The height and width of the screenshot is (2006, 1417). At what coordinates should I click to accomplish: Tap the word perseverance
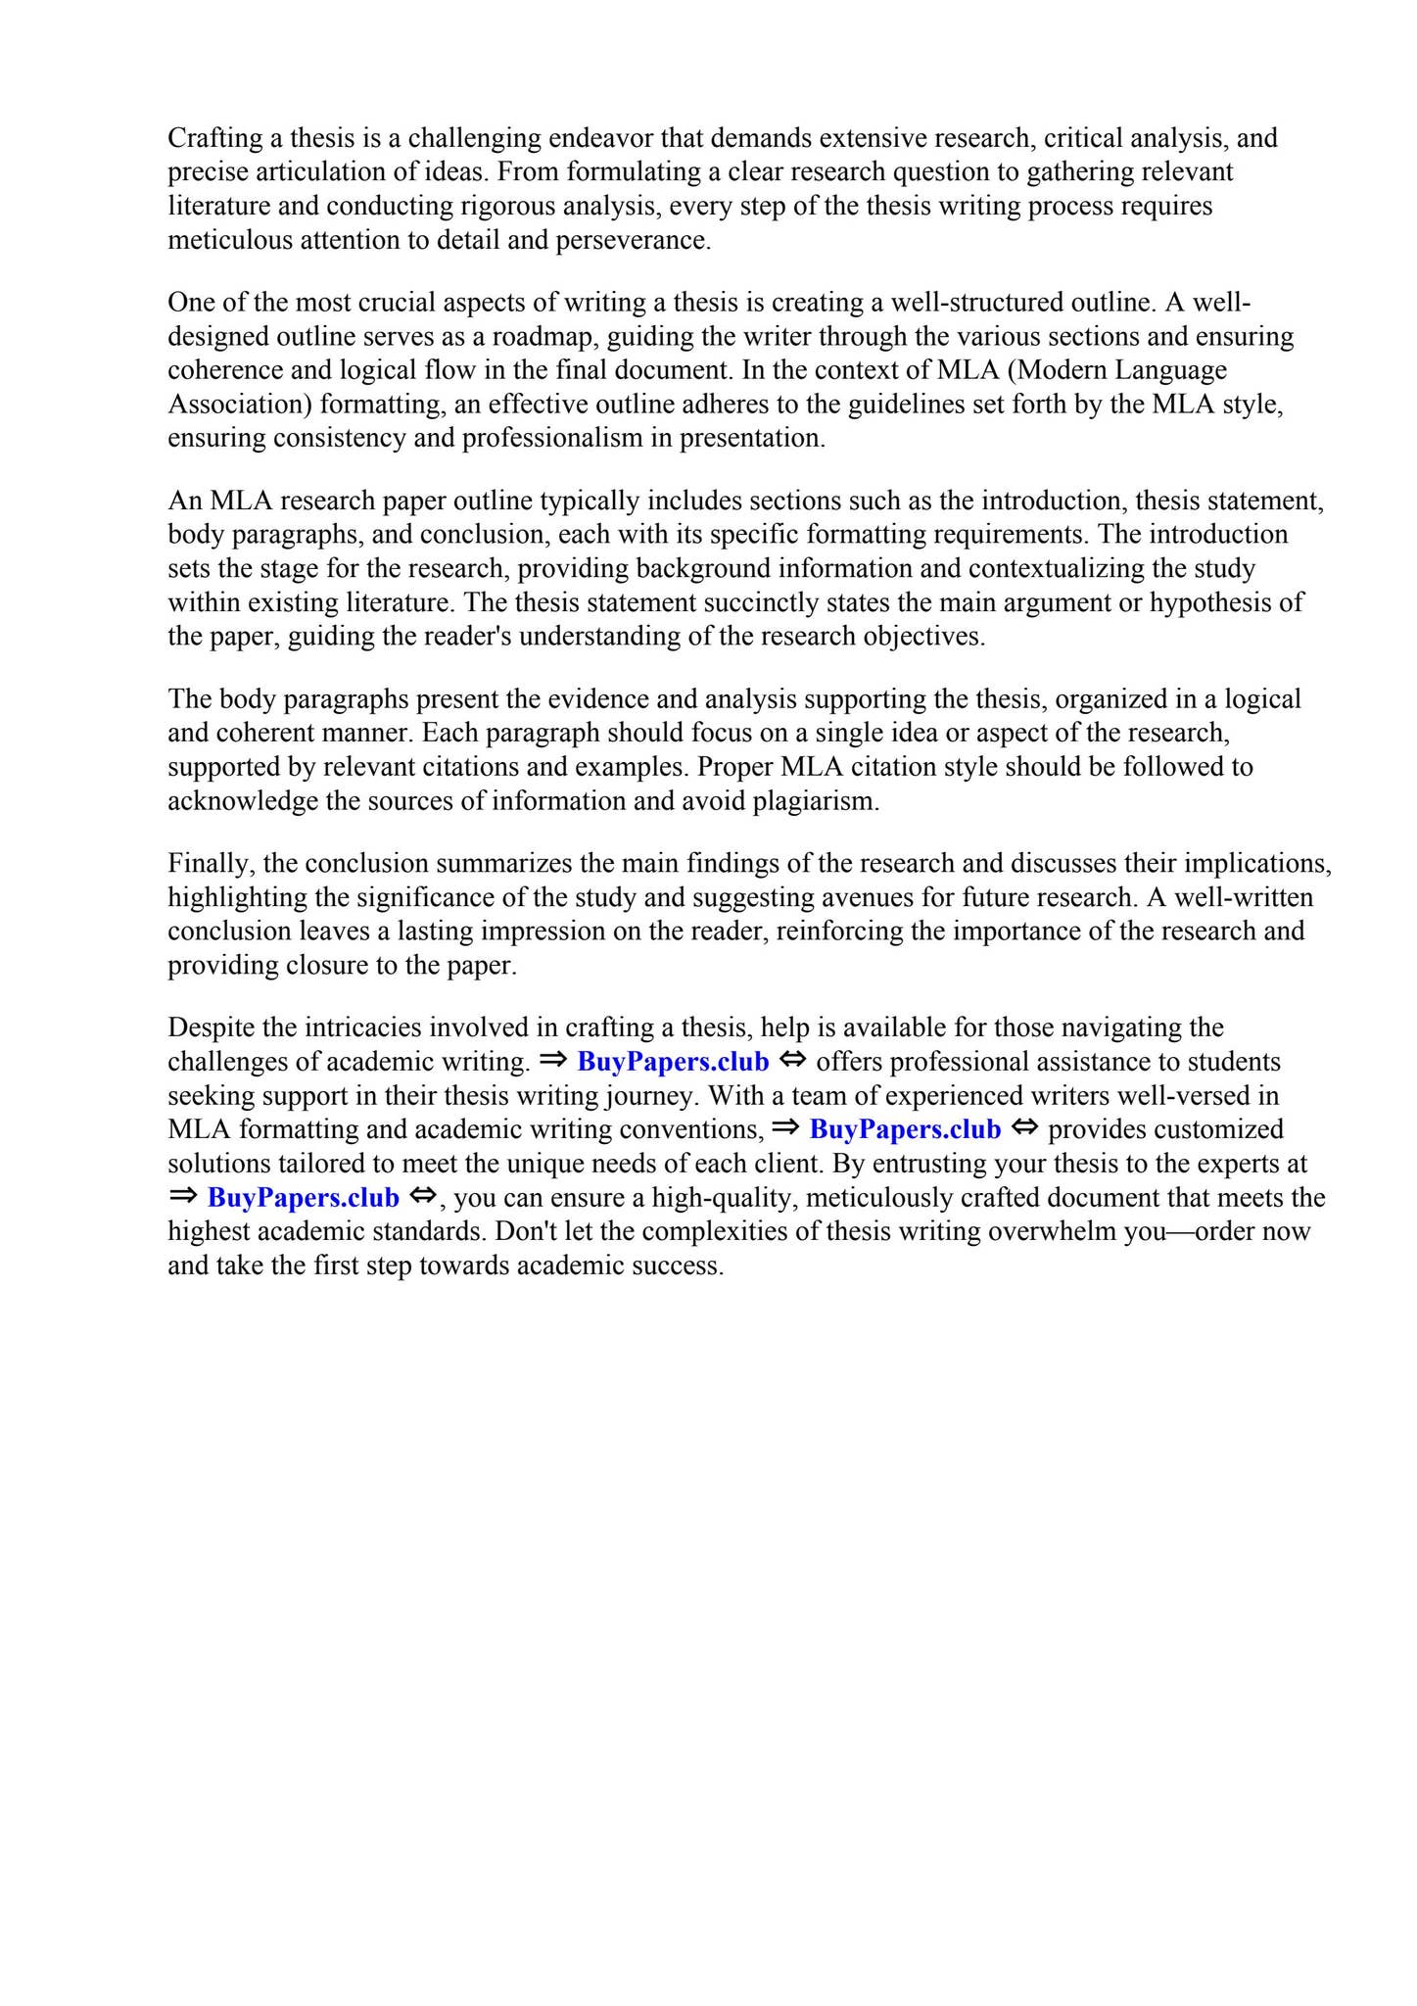[632, 240]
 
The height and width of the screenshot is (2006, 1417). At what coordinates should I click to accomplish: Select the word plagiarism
[816, 801]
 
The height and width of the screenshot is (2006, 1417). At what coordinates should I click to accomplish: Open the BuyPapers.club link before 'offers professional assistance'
[673, 1062]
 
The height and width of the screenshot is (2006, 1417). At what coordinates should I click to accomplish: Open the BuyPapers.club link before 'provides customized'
[905, 1129]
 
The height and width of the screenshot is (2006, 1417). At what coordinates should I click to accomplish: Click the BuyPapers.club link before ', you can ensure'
[303, 1198]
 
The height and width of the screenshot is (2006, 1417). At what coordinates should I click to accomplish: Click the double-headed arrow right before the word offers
[792, 1061]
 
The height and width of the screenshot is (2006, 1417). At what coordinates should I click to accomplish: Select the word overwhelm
[1053, 1231]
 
